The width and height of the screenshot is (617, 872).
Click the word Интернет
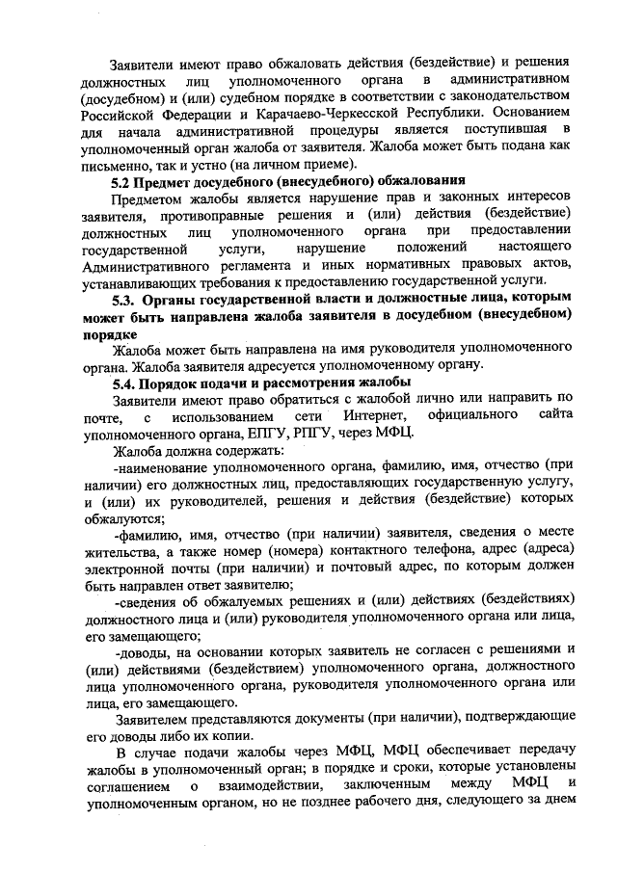(367, 417)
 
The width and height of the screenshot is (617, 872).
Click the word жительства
(122, 552)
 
